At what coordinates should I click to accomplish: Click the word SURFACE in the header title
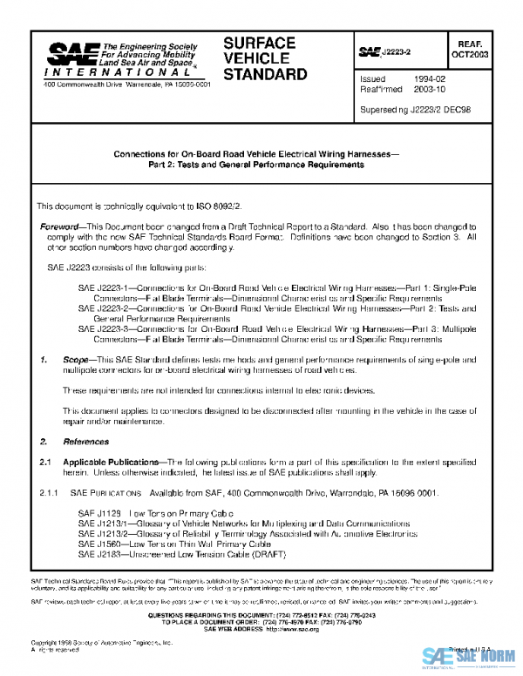pyautogui.click(x=260, y=43)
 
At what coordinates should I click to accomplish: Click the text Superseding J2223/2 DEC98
pyautogui.click(x=415, y=111)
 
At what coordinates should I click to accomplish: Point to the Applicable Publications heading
pyautogui.click(x=112, y=463)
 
